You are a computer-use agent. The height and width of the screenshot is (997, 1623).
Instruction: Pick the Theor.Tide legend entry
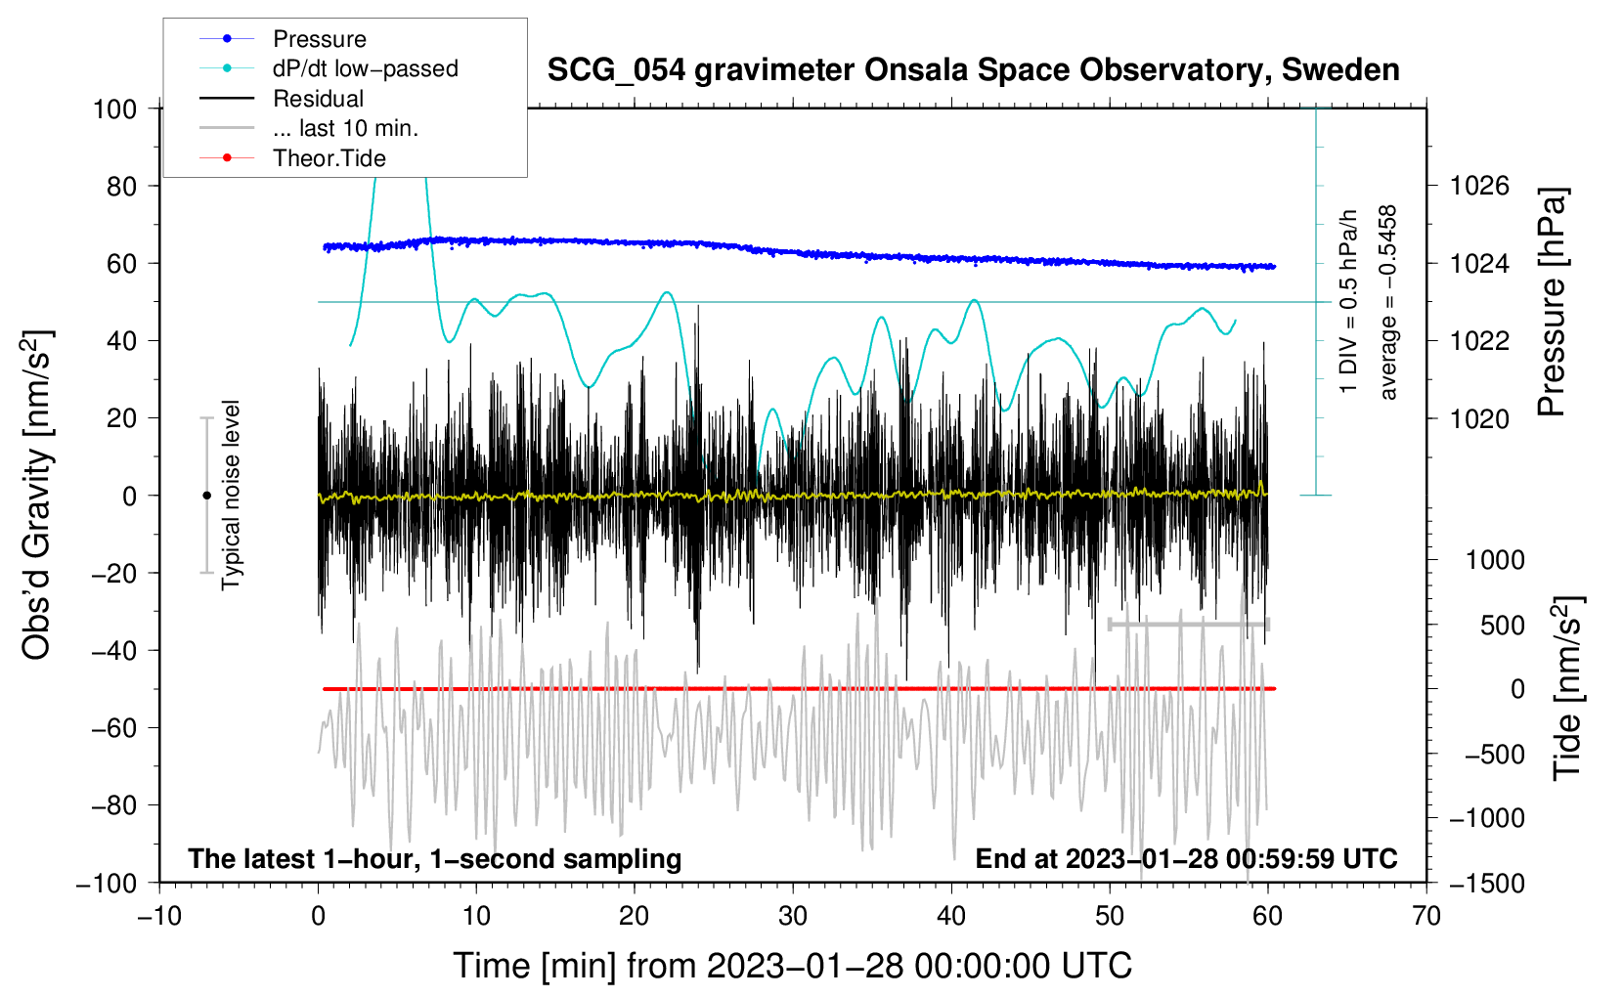(x=329, y=158)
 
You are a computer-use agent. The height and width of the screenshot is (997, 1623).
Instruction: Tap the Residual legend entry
(x=318, y=99)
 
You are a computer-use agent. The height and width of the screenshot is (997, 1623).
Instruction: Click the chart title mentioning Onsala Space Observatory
(x=973, y=70)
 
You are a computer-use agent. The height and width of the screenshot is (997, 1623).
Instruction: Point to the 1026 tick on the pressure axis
(x=1479, y=186)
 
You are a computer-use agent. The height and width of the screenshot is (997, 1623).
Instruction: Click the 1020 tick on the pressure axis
(x=1479, y=418)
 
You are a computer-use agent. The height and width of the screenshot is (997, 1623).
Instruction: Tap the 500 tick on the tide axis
(x=1502, y=625)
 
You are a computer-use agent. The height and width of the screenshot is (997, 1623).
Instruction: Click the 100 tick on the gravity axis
(x=114, y=108)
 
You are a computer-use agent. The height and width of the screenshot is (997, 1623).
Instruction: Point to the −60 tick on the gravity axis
(x=114, y=727)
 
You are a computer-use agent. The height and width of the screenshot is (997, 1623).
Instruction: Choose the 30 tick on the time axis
(x=793, y=916)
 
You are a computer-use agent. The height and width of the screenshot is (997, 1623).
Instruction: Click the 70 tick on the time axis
(x=1426, y=916)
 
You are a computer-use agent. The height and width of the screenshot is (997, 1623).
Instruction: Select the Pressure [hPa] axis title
(x=1552, y=303)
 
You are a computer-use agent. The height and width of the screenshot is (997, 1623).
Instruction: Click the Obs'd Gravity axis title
(x=37, y=496)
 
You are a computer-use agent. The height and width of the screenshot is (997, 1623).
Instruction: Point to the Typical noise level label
(x=231, y=496)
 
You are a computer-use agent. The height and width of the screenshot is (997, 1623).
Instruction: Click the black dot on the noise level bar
(x=206, y=496)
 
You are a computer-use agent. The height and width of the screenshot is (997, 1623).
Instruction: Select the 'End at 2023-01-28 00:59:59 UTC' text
(x=1186, y=858)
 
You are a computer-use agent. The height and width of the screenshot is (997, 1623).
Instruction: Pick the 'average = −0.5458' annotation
(x=1388, y=303)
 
